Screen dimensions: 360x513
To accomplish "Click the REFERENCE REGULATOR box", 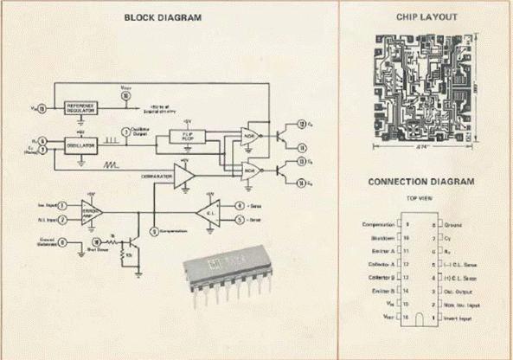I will pos(83,106).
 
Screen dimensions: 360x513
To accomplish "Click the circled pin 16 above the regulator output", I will pos(126,97).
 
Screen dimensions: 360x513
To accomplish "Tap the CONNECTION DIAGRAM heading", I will pos(421,182).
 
